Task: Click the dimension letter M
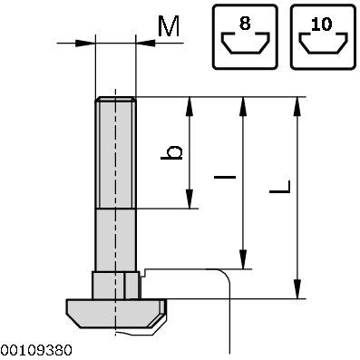click(168, 26)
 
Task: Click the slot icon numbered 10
click(324, 36)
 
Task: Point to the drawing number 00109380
click(36, 350)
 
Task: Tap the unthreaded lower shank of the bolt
click(115, 238)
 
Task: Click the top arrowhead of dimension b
click(190, 105)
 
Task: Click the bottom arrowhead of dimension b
click(190, 200)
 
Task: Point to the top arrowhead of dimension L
click(297, 105)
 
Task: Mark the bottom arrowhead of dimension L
click(297, 290)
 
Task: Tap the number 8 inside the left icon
click(245, 22)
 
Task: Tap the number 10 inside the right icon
click(324, 22)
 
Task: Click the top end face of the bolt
click(115, 99)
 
